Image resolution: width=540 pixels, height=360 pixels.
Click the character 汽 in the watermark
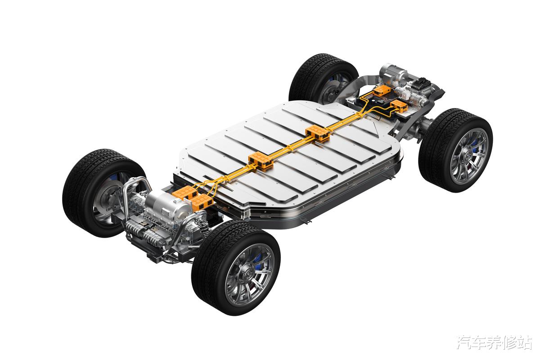(x=464, y=342)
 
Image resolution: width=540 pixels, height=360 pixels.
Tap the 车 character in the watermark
(x=480, y=342)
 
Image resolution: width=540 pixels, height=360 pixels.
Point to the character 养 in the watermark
(x=495, y=342)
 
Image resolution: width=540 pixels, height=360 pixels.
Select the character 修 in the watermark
(x=509, y=342)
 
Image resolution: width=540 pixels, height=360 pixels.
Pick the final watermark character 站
(x=524, y=342)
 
